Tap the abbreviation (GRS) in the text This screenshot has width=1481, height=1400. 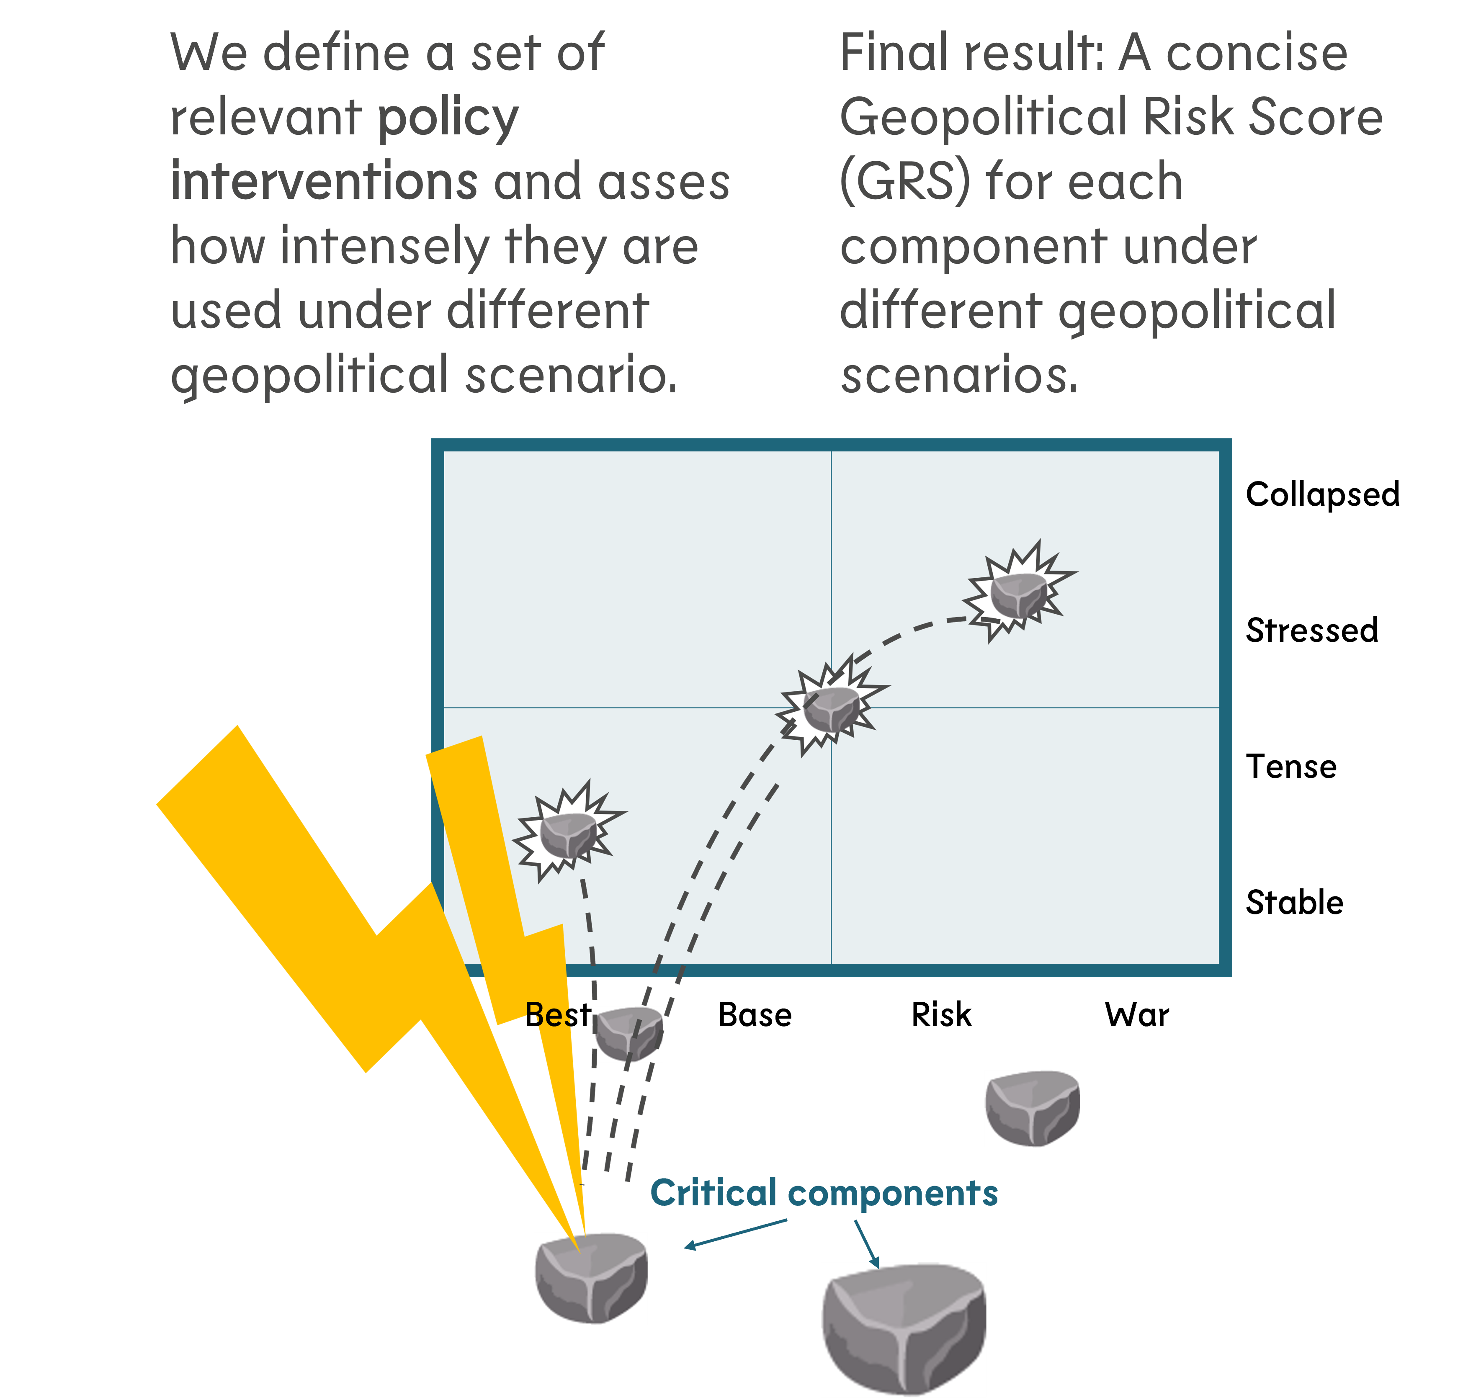coord(905,182)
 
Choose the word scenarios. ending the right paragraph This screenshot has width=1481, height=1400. coord(959,376)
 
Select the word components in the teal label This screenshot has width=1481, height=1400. coord(893,1194)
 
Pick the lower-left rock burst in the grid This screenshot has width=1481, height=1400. coord(569,833)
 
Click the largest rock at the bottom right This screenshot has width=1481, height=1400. coord(903,1330)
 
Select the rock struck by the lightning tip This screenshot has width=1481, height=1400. coord(590,1279)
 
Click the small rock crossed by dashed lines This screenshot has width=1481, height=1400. coord(628,1035)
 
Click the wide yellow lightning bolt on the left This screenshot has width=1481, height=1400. coord(314,911)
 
